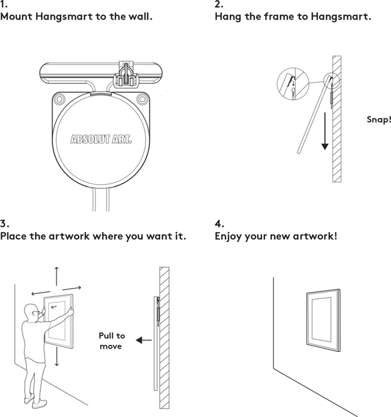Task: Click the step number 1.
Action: pos(3,5)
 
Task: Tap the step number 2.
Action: pos(218,5)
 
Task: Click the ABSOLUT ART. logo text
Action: pos(100,139)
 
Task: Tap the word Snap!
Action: pos(378,120)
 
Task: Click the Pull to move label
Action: pos(111,340)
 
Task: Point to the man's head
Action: pos(33,314)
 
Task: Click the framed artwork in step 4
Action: pos(323,323)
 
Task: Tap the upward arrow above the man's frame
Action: pos(56,276)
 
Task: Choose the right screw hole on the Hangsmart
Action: pos(140,100)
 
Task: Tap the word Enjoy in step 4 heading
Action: pos(229,236)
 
